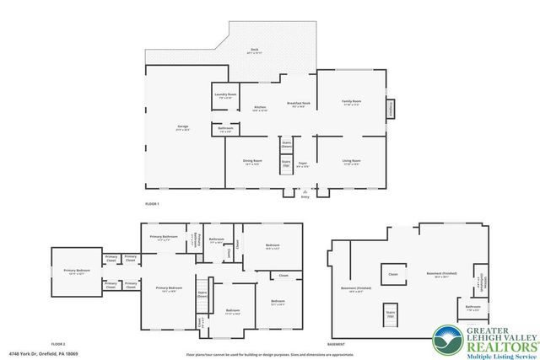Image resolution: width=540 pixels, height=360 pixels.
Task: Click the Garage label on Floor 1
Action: click(x=182, y=128)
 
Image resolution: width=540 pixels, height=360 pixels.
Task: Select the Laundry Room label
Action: click(x=225, y=95)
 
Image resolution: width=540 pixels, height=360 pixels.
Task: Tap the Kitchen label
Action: click(x=260, y=109)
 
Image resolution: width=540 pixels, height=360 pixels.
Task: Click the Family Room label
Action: click(x=351, y=103)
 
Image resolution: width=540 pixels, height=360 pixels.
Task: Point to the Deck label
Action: click(x=254, y=51)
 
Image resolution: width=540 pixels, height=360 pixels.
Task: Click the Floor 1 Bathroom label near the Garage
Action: click(x=226, y=130)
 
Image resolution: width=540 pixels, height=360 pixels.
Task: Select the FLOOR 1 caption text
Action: click(x=152, y=204)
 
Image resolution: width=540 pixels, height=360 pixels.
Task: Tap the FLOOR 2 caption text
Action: click(x=58, y=344)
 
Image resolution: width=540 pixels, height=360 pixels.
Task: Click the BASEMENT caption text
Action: click(x=336, y=344)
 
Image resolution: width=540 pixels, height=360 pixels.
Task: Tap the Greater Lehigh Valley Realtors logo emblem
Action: click(x=447, y=341)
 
